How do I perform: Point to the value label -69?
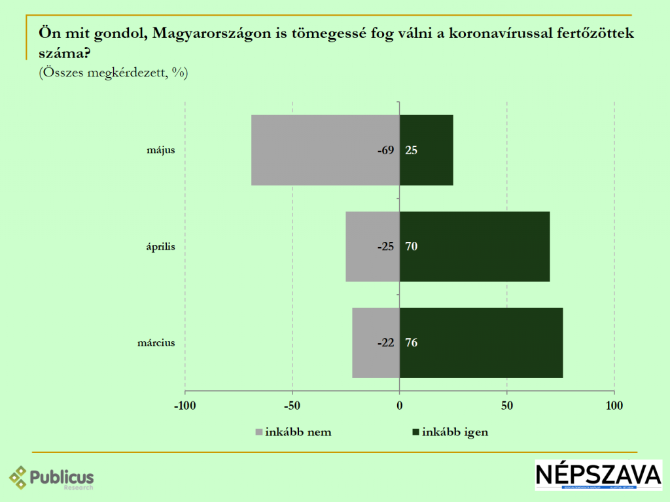point(385,150)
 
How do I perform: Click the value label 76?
point(412,343)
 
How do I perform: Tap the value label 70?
point(412,246)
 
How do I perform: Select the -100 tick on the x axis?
point(185,406)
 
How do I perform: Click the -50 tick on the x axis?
point(292,406)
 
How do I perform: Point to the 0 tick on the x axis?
point(399,406)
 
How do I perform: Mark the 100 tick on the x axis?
point(614,406)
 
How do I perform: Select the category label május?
point(162,150)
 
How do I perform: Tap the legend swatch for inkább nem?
point(258,432)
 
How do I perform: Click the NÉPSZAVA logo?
point(599,475)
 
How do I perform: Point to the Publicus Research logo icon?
point(18,478)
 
